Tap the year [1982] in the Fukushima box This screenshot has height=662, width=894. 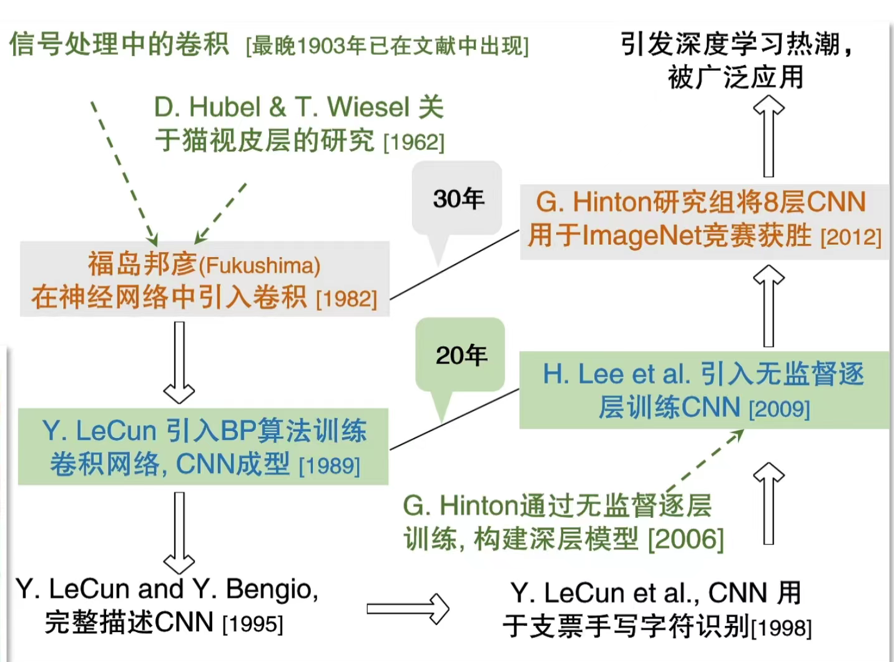346,299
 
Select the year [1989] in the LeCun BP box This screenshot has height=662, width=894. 330,466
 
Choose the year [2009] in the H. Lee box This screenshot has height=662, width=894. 779,409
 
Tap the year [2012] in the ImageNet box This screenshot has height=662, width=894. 850,238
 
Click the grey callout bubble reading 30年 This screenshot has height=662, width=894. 458,199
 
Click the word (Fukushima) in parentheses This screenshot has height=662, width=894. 259,266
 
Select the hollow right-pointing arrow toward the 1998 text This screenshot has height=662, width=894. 407,608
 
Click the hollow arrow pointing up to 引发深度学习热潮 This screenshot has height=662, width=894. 769,137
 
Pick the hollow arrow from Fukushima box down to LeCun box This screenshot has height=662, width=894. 179,362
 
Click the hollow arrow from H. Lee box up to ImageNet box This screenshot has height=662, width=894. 769,306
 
